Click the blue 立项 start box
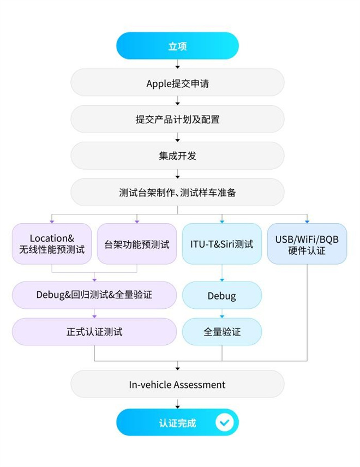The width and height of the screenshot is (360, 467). (177, 46)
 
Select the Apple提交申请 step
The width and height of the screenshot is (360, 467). (177, 83)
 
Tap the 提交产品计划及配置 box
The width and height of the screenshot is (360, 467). (177, 119)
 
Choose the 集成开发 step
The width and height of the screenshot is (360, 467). (177, 156)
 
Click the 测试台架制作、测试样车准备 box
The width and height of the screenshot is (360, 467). (177, 193)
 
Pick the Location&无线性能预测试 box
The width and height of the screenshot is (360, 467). (52, 244)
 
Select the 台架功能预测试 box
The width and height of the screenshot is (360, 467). (137, 244)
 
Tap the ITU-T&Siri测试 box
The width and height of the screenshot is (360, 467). (221, 244)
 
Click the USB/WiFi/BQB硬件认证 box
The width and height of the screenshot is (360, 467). (307, 244)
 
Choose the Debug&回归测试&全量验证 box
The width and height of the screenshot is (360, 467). (94, 295)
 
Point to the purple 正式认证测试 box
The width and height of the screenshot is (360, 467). (94, 332)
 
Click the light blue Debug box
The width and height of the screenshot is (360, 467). (221, 296)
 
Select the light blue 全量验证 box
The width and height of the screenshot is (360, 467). (221, 332)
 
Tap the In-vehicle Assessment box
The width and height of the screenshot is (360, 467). (177, 385)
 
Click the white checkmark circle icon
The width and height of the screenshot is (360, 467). (224, 423)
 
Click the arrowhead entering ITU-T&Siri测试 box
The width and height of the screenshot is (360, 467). (222, 221)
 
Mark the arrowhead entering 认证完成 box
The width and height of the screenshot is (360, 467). (177, 406)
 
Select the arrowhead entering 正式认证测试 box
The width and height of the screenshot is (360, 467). (95, 316)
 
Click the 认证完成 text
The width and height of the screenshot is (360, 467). (177, 423)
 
